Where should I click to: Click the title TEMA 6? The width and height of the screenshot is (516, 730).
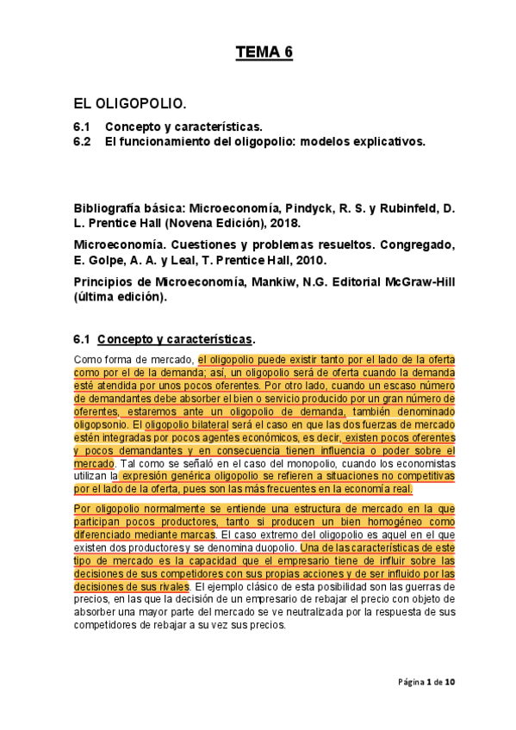(x=264, y=53)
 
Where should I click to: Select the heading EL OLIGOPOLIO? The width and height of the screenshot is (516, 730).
(x=129, y=104)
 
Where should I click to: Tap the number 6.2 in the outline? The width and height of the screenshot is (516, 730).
(x=83, y=141)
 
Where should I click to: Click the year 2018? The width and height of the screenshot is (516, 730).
(x=285, y=222)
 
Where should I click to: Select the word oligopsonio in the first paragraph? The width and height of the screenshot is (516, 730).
(x=102, y=424)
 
